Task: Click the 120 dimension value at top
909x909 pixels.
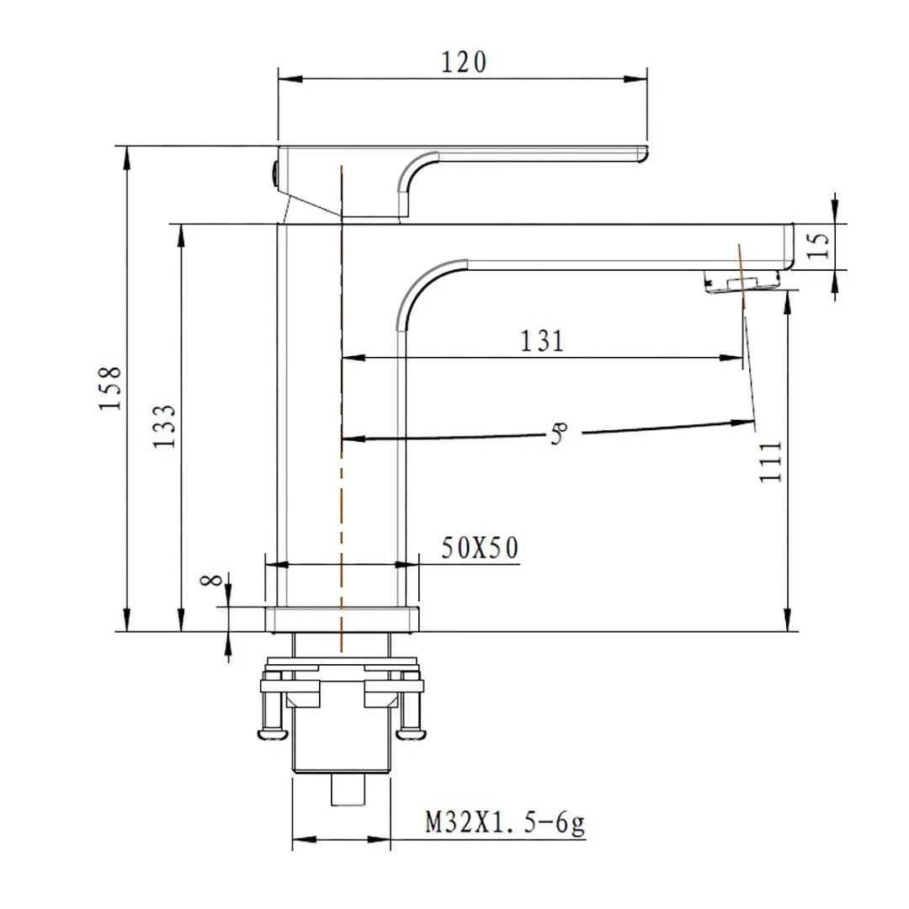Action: point(464,62)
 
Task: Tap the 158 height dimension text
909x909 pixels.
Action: point(110,388)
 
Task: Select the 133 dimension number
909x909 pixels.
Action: point(164,426)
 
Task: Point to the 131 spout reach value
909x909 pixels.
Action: point(542,341)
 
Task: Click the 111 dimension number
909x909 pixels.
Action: point(771,461)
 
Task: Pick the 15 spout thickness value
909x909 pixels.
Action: point(818,246)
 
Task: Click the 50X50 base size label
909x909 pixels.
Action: point(480,548)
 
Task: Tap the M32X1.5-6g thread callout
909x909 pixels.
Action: point(506,822)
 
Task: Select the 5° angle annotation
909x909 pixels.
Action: point(558,433)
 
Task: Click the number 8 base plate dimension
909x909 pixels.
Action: point(211,580)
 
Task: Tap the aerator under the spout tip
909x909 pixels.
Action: point(742,284)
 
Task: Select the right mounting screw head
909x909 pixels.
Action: point(412,735)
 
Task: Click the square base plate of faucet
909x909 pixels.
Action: point(342,619)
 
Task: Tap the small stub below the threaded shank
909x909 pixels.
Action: point(348,789)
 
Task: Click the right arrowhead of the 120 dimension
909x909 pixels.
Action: point(635,79)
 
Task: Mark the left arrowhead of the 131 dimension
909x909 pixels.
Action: point(353,358)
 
